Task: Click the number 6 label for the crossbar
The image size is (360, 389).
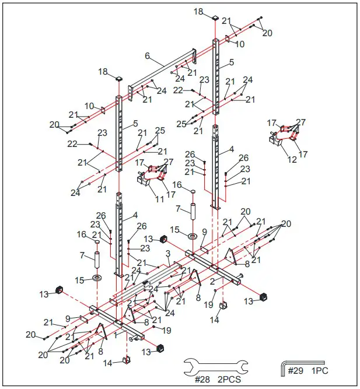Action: [x=147, y=56]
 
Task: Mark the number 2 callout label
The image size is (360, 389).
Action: [x=212, y=281]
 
